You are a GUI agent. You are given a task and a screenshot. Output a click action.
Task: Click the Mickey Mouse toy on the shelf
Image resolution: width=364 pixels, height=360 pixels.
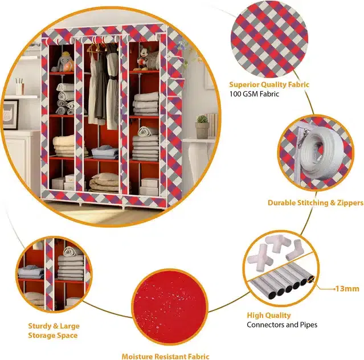142,59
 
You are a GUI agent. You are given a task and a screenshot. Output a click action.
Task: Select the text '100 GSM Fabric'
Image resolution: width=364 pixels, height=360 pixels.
254,94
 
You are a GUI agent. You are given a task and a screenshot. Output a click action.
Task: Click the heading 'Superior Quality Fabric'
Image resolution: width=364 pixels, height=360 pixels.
269,84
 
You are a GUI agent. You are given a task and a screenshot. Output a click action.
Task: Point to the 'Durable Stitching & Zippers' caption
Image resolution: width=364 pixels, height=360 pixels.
316,203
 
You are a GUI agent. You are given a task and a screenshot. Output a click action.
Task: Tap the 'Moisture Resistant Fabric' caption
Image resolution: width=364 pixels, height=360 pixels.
166,357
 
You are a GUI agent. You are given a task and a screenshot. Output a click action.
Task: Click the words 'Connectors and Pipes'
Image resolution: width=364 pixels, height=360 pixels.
282,325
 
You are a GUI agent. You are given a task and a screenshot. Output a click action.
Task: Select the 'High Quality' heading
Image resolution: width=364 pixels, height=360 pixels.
269,315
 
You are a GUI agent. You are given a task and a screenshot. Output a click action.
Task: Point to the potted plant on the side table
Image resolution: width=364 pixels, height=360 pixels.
202,127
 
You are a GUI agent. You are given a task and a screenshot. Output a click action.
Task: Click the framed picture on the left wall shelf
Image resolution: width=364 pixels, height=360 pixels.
10,114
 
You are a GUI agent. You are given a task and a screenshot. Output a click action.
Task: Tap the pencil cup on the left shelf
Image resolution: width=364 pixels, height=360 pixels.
19,87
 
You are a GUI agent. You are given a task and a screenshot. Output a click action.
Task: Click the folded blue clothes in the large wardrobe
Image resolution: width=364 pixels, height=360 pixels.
105,153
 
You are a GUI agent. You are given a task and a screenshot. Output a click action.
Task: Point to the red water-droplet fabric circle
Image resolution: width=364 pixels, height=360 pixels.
170,307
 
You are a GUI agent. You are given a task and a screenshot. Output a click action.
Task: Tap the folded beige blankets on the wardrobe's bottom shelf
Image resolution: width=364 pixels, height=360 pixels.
104,182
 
